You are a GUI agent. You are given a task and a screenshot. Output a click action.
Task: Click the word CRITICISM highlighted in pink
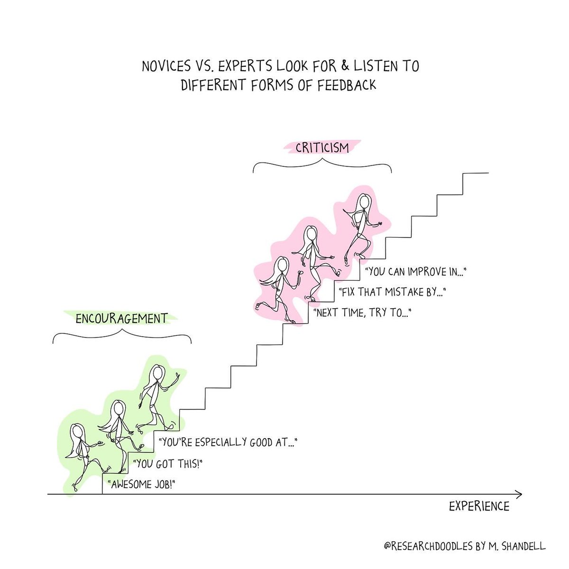point(322,148)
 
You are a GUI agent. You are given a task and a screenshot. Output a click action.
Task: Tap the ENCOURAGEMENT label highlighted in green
point(121,318)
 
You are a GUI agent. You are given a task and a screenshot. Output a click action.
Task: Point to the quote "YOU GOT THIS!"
point(165,463)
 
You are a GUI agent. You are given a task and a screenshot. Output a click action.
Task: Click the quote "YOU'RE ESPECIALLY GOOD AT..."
point(229,442)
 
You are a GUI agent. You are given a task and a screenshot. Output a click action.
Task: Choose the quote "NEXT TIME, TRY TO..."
point(362,312)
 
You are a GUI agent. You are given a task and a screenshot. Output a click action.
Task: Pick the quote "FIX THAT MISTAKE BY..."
point(392,292)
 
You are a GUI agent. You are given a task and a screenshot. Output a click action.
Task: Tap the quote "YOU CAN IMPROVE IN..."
point(416,272)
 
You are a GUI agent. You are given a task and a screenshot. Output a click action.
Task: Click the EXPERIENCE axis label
point(479,506)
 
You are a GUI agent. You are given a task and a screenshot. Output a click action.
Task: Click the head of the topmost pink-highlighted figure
point(364,201)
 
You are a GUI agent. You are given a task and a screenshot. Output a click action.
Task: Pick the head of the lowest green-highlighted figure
point(77,431)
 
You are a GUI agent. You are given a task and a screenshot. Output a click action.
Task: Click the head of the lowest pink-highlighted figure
point(282,264)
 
